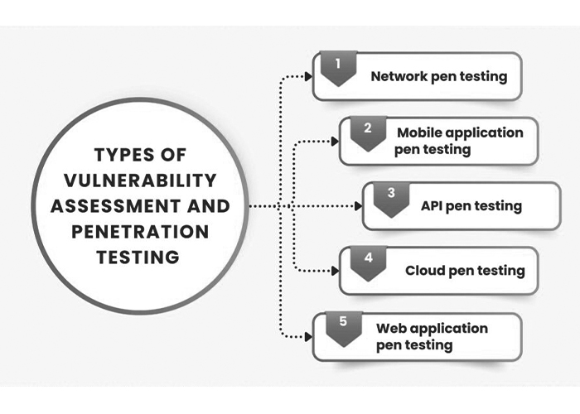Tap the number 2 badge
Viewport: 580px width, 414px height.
(x=365, y=131)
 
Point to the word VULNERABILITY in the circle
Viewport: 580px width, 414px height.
(x=142, y=180)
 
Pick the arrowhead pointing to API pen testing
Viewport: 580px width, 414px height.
(x=359, y=206)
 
